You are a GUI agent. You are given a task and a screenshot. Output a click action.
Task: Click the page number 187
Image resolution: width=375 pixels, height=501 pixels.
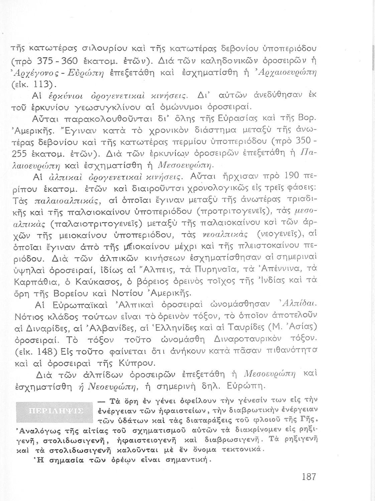tap(308, 476)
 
